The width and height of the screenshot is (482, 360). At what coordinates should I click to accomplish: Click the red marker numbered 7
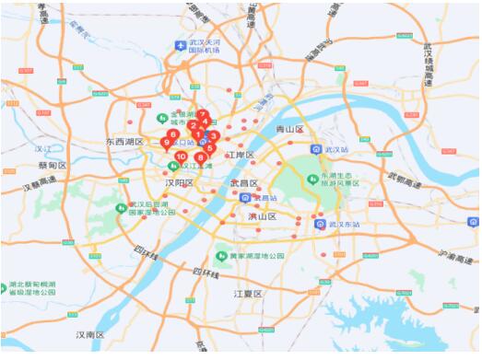(x=202, y=115)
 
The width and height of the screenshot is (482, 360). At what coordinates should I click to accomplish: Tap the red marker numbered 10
(x=181, y=157)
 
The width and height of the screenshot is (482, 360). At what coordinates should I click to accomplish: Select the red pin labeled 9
(x=166, y=142)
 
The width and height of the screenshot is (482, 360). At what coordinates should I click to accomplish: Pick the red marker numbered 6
(x=173, y=134)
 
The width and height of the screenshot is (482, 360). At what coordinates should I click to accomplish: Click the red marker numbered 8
(x=200, y=157)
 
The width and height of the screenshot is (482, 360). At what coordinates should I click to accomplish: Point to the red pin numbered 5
(x=210, y=147)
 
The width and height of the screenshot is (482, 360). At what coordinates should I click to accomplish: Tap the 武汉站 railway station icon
(x=316, y=148)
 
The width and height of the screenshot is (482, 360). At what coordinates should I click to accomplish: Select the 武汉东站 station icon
(x=320, y=223)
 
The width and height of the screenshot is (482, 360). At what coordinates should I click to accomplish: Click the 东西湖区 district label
(x=124, y=143)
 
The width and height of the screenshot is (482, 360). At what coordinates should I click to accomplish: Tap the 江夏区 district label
(x=249, y=294)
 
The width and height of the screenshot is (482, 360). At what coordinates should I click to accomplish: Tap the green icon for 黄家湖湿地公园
(x=221, y=255)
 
